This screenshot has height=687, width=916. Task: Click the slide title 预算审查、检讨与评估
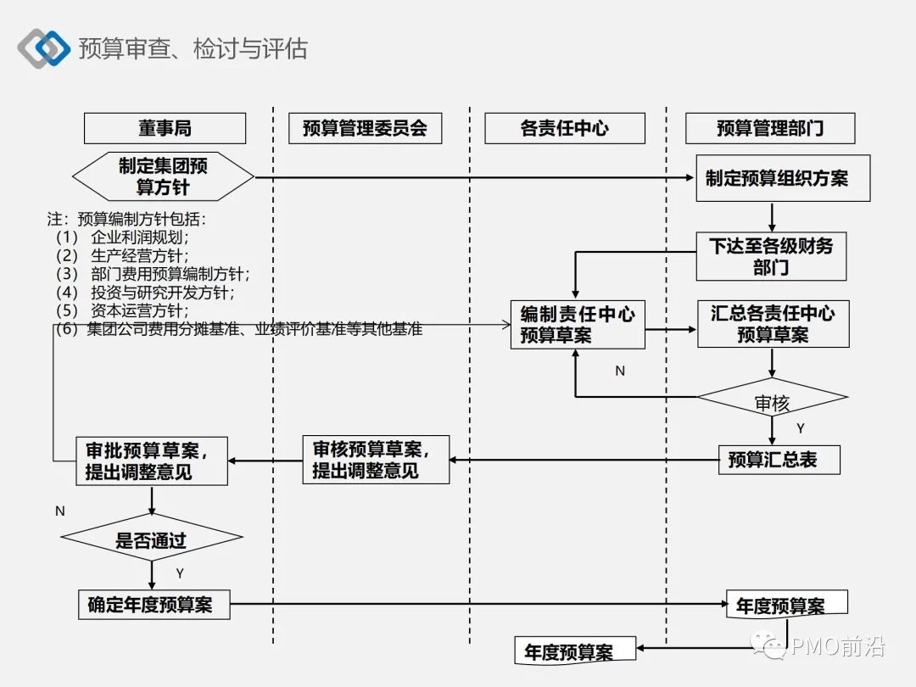[193, 48]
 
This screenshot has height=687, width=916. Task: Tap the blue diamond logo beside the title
[44, 48]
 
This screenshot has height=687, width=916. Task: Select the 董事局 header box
[165, 128]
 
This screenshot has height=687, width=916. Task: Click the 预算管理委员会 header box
[365, 128]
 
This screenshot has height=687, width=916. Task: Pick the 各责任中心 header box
[564, 128]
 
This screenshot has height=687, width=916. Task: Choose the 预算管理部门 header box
[770, 128]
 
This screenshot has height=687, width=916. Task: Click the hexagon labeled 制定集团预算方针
[163, 176]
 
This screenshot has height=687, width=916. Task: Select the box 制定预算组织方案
[782, 178]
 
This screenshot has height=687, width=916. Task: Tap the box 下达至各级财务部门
[771, 256]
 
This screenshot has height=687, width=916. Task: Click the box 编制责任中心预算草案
[577, 325]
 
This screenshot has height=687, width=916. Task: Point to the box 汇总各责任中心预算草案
[773, 324]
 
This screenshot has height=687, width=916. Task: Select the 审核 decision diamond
[772, 403]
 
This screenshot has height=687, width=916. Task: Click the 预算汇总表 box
[779, 460]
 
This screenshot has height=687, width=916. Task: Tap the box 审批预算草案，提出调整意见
[152, 461]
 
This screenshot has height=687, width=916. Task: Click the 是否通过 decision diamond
[151, 539]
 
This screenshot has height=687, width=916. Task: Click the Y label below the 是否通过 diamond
[180, 574]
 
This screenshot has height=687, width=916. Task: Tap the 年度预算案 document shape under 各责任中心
[574, 651]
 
